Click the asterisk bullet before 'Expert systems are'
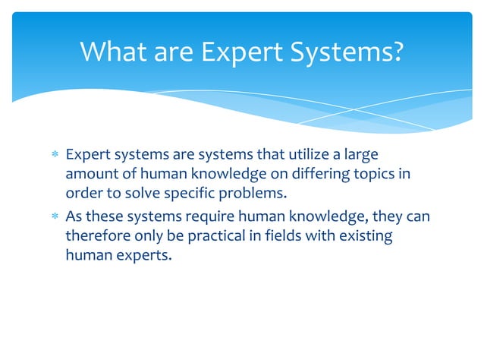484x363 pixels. tap(54, 156)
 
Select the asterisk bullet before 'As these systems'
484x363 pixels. tap(54, 217)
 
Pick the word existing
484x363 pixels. tap(365, 236)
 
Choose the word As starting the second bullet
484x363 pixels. tap(74, 217)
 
